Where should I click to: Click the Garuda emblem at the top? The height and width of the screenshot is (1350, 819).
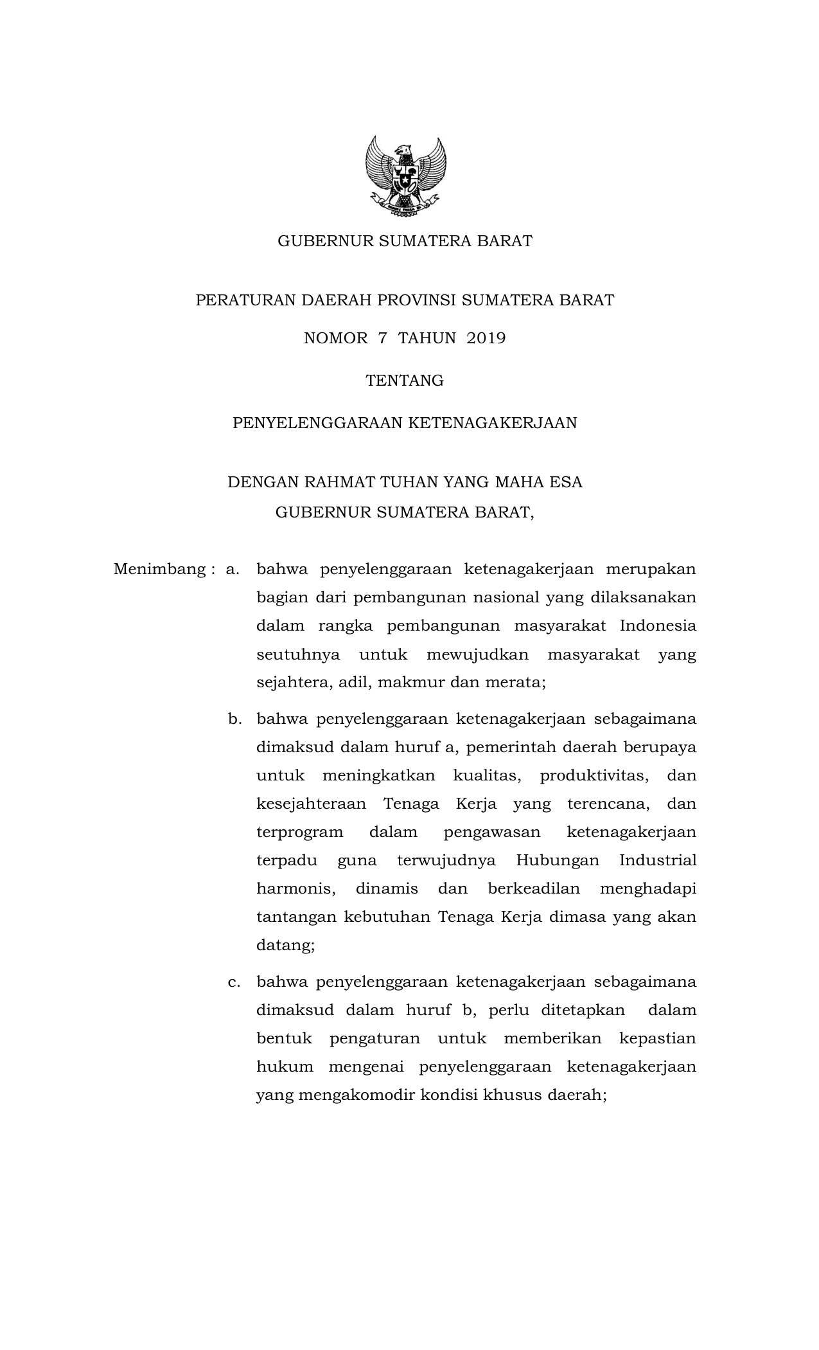(x=405, y=177)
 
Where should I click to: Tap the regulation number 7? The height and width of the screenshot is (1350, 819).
(x=383, y=338)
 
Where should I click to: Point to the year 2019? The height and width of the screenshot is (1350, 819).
(x=486, y=338)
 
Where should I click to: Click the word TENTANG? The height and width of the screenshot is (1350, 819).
(x=405, y=381)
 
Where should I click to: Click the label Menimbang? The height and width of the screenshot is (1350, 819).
(x=159, y=570)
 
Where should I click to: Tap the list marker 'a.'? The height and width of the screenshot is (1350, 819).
(x=233, y=570)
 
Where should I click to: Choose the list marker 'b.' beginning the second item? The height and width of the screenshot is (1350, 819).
(x=234, y=719)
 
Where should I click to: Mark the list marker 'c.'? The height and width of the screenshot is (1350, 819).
(x=234, y=982)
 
